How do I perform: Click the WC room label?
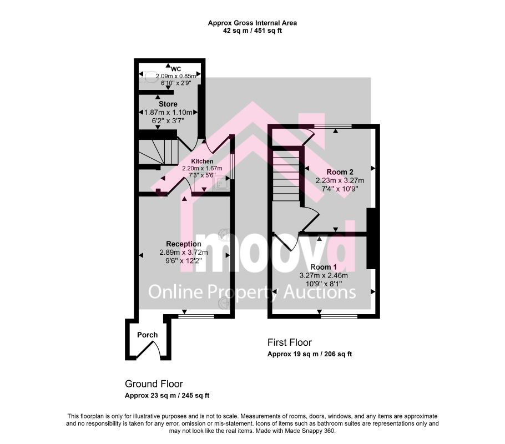pos(176,69)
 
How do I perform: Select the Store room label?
pos(168,104)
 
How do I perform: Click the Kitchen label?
pos(202,162)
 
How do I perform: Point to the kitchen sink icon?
pos(221,183)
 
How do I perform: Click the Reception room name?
pos(184,244)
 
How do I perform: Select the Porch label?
pos(147,335)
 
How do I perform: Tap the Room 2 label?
pos(340,172)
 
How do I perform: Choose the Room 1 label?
pos(324,267)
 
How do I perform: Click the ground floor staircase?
pos(158,152)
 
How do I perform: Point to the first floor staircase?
pos(286,175)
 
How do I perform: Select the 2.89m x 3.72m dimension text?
pos(184,253)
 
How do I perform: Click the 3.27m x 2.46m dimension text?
pos(324,276)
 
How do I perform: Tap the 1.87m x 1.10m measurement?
pos(168,113)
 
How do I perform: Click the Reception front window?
pos(196,317)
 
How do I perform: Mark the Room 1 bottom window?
pos(339,317)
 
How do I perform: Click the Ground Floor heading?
pos(154,384)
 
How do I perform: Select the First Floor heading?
pos(290,342)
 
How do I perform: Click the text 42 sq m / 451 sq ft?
pos(252,31)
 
